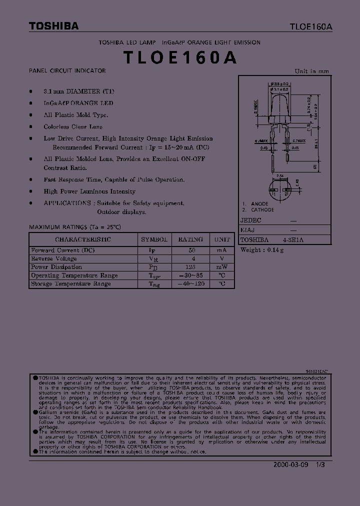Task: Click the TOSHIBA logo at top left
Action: [53, 26]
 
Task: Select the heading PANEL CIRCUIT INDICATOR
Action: [67, 71]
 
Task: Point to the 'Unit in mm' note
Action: [311, 71]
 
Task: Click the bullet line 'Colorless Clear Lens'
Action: [73, 127]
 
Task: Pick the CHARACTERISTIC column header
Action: [83, 239]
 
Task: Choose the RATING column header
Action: [190, 239]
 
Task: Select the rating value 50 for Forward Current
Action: [190, 250]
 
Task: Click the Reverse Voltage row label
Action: [54, 259]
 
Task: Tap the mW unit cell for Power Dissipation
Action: [221, 267]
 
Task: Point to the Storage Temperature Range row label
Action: [71, 284]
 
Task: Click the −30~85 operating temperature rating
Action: [190, 275]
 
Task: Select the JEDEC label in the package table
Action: [251, 220]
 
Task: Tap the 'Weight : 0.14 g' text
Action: [262, 250]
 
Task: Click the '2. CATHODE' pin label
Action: [258, 210]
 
